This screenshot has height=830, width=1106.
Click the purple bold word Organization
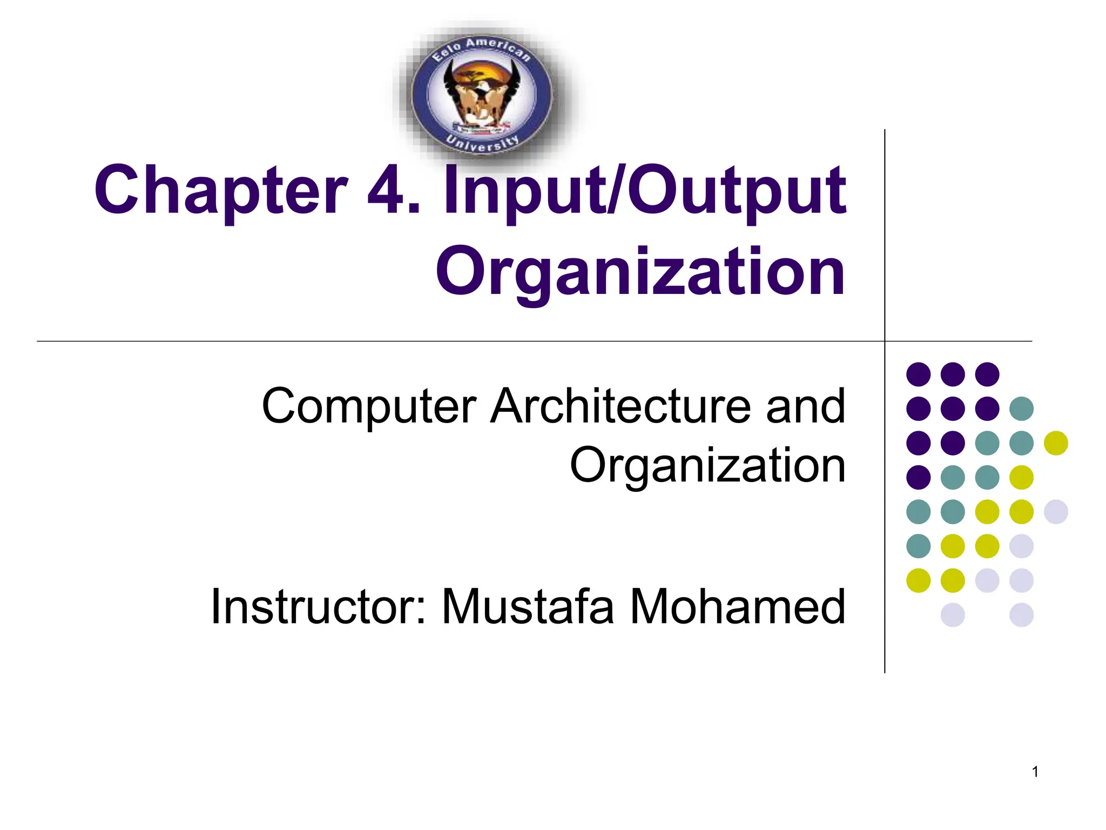coord(640,273)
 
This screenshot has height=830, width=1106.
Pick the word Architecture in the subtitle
coord(621,406)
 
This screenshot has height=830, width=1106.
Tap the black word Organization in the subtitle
coord(707,466)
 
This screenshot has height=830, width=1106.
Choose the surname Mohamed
coord(737,607)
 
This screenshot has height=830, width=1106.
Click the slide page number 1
coord(1035,772)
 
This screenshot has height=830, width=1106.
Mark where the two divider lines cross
coord(885,342)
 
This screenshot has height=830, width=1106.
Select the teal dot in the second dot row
coord(1021,409)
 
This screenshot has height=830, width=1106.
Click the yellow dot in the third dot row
coord(1056,443)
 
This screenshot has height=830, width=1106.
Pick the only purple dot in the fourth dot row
coord(918,477)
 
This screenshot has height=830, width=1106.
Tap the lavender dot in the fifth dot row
coord(1056,512)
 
